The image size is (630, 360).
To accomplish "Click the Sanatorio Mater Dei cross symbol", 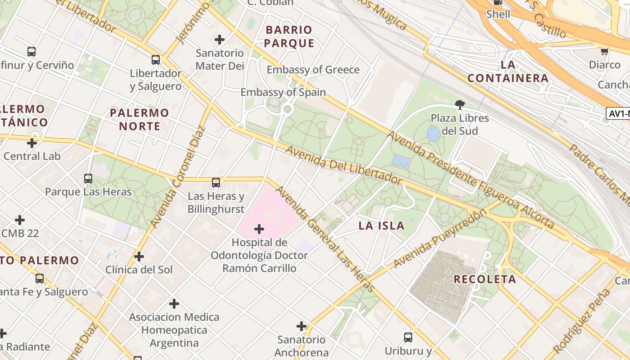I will click(220, 40).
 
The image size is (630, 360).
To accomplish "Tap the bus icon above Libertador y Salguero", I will click(156, 59).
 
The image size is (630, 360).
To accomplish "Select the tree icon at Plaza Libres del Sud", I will click(460, 105).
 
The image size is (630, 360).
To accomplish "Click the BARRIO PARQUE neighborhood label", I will click(289, 36).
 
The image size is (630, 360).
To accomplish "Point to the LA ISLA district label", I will click(382, 226).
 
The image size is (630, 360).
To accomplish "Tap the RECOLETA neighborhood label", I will click(485, 279).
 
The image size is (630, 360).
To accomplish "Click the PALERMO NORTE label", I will click(139, 119).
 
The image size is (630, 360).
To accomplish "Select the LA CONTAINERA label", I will click(508, 72).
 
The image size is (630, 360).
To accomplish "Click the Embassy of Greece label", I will click(313, 70).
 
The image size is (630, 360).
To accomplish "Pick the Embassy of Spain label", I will click(283, 92).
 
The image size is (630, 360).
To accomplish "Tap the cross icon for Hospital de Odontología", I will click(259, 229).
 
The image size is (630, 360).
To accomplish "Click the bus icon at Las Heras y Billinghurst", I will click(216, 183).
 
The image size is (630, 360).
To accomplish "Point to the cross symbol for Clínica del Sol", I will click(139, 256).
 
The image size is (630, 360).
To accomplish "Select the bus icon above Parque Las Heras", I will click(88, 179).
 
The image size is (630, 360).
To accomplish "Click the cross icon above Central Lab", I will click(32, 143).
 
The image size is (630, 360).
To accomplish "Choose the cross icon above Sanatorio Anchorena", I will click(301, 326).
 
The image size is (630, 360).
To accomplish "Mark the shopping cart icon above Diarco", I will click(605, 52).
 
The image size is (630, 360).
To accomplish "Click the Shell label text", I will click(498, 14).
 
